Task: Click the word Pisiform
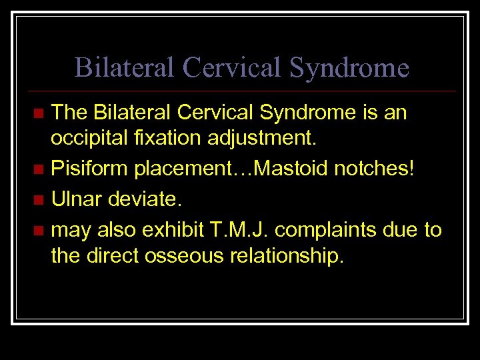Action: tap(90, 169)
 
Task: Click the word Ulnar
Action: tap(77, 199)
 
